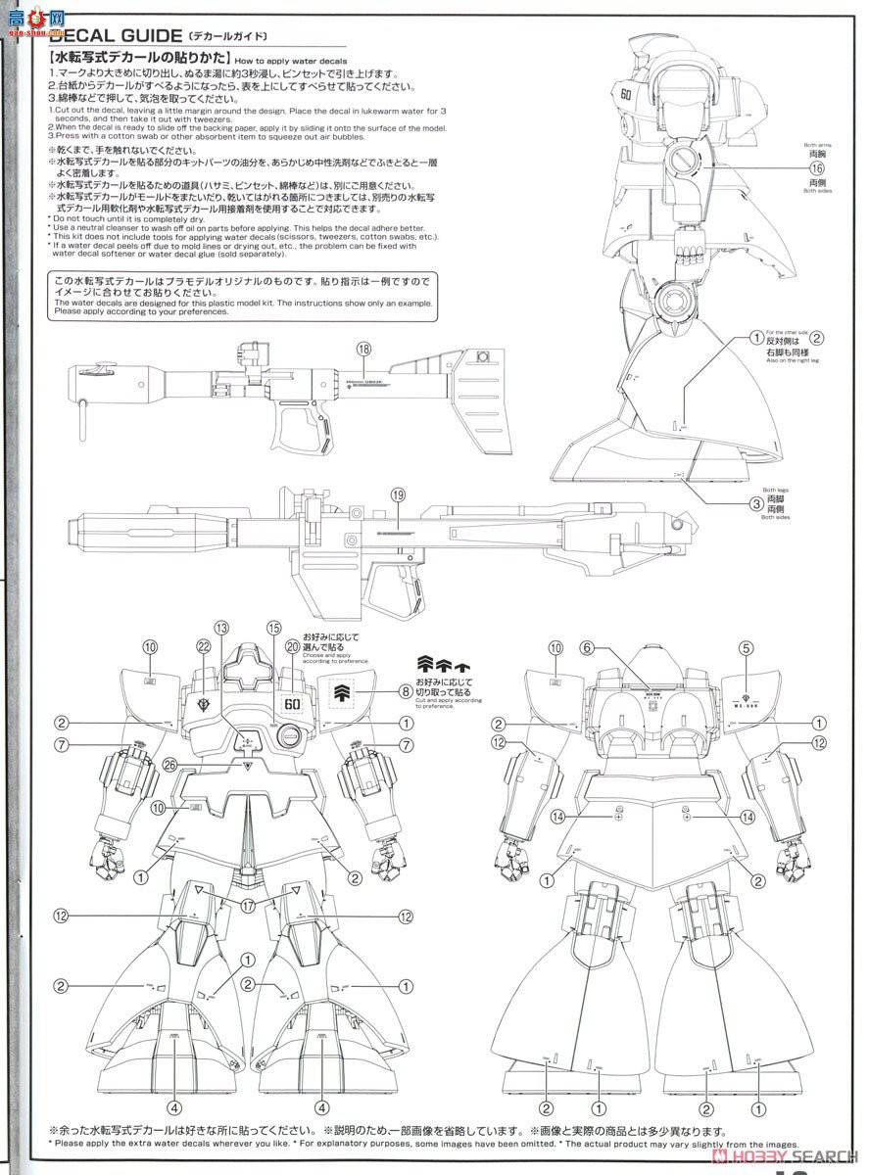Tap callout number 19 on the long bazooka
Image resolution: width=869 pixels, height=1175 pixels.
[397, 495]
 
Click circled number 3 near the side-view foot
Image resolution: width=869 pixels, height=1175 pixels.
[756, 504]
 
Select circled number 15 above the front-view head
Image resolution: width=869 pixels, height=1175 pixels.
[273, 628]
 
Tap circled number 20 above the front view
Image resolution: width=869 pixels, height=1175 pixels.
[292, 646]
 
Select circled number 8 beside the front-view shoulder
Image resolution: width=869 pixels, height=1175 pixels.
[406, 690]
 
